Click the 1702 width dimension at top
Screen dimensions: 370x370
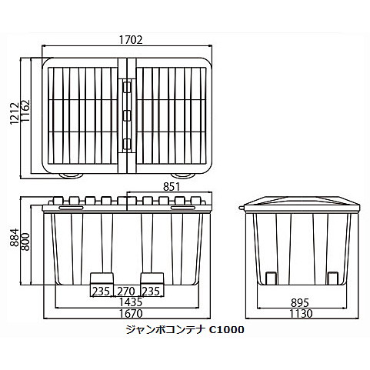(131, 40)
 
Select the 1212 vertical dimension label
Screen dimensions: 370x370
(15, 113)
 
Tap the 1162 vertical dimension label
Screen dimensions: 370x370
(25, 111)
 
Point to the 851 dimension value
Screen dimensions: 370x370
(172, 187)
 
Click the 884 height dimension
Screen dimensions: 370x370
(15, 237)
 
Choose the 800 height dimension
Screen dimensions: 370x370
(25, 242)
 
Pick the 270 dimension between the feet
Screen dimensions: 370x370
(126, 292)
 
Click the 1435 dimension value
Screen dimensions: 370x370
(131, 302)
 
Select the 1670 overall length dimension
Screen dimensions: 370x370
(131, 313)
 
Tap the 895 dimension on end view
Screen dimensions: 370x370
(300, 303)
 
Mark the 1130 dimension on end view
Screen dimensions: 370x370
(301, 313)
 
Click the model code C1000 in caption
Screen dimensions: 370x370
(226, 330)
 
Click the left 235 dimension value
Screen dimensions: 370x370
(101, 292)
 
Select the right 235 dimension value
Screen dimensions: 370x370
(151, 292)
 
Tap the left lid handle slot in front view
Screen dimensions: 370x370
(71, 208)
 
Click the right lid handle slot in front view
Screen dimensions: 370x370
(183, 208)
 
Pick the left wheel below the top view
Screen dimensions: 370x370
(71, 175)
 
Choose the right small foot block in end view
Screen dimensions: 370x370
(333, 278)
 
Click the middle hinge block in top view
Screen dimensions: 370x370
(127, 115)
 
